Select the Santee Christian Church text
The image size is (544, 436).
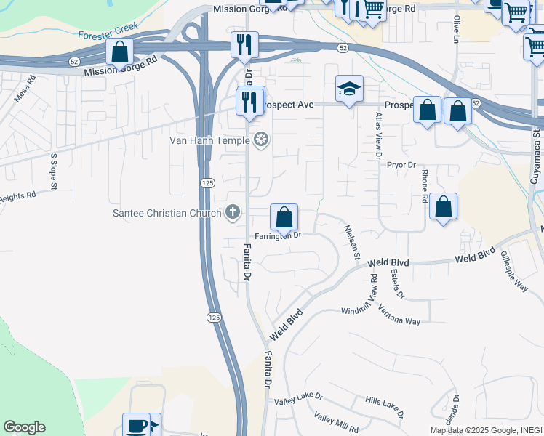click(x=167, y=213)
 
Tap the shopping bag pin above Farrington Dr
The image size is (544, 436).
click(x=284, y=217)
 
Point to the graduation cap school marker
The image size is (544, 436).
click(x=349, y=89)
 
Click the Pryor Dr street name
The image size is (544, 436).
click(x=400, y=166)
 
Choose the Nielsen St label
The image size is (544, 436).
click(x=352, y=242)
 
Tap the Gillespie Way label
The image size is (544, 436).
click(x=513, y=271)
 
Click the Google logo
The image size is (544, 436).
click(x=24, y=427)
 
